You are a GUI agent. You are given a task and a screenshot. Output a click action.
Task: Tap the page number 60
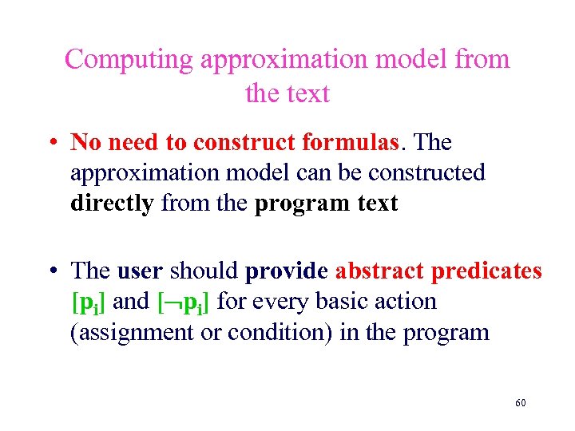[520, 403]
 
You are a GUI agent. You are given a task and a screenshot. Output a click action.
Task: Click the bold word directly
[112, 204]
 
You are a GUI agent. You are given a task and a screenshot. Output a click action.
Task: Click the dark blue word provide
[287, 272]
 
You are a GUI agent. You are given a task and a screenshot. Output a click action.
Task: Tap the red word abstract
[379, 272]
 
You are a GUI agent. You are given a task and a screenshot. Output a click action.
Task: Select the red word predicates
[486, 272]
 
